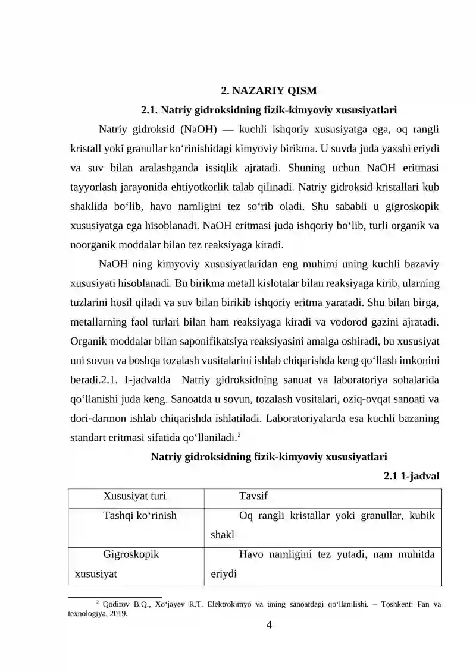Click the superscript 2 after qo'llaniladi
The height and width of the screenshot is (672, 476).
[239, 435]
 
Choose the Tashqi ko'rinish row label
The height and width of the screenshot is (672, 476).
[140, 515]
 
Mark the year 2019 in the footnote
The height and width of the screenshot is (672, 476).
[117, 614]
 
